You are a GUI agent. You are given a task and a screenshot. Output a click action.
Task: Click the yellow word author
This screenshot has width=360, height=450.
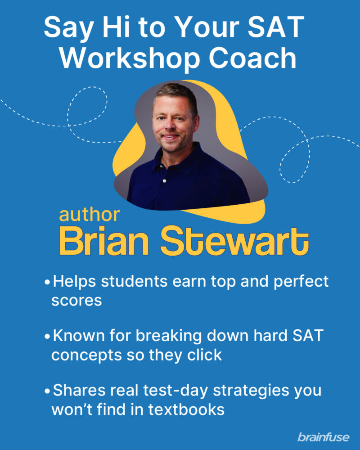pos(89,215)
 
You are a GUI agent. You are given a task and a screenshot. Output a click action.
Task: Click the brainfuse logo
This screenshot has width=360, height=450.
pos(324,436)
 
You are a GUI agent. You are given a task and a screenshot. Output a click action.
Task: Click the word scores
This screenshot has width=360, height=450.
pos(76,301)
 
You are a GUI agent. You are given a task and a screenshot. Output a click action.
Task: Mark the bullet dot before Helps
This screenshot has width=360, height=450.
pos(47,283)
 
